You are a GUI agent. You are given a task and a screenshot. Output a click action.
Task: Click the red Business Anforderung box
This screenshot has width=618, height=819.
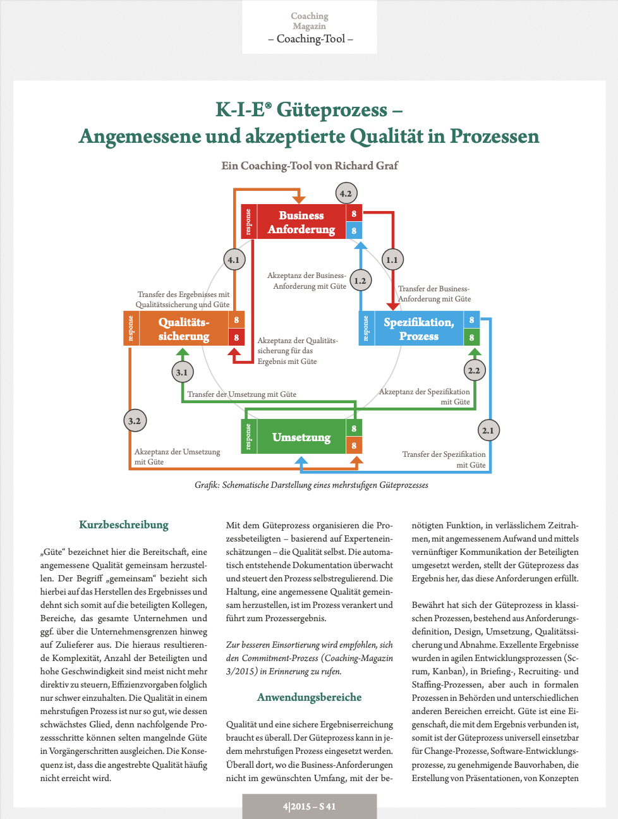(x=301, y=222)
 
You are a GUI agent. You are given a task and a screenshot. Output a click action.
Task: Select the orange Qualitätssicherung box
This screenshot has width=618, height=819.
(x=183, y=329)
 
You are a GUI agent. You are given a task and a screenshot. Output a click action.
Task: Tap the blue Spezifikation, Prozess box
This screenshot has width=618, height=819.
(x=418, y=329)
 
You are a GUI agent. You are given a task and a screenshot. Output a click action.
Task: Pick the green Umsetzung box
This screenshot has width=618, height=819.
(x=301, y=437)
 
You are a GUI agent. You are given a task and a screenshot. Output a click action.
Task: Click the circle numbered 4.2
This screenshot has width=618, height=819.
(x=346, y=193)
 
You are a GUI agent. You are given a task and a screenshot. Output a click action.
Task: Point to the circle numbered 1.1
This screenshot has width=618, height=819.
(x=392, y=259)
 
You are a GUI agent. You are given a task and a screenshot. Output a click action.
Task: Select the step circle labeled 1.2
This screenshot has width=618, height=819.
(x=360, y=281)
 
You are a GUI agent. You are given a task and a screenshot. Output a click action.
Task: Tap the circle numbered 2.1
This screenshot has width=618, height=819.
(x=488, y=430)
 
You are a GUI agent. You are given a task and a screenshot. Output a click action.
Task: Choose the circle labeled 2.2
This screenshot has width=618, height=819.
(x=474, y=370)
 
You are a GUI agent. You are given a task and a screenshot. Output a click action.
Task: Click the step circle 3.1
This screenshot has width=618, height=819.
(x=182, y=372)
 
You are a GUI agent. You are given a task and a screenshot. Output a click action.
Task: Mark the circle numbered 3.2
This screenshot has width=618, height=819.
(x=135, y=420)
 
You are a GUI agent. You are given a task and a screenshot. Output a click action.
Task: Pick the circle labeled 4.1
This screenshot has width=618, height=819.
(x=234, y=259)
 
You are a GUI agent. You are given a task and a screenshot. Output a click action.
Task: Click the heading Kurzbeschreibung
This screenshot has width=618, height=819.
(x=124, y=525)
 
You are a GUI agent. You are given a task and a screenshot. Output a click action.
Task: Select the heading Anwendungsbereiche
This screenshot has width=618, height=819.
(x=310, y=697)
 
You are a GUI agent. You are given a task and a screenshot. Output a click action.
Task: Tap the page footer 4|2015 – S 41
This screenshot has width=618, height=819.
(x=310, y=806)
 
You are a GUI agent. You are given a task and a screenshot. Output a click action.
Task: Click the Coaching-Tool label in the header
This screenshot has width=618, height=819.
(x=310, y=39)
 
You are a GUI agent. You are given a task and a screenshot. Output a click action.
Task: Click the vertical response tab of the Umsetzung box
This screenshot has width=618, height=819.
(x=248, y=437)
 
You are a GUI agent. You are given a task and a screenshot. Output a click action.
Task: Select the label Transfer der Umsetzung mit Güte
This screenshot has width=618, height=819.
(x=241, y=394)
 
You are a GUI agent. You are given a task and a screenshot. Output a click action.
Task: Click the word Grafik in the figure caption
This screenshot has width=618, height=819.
(x=207, y=485)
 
